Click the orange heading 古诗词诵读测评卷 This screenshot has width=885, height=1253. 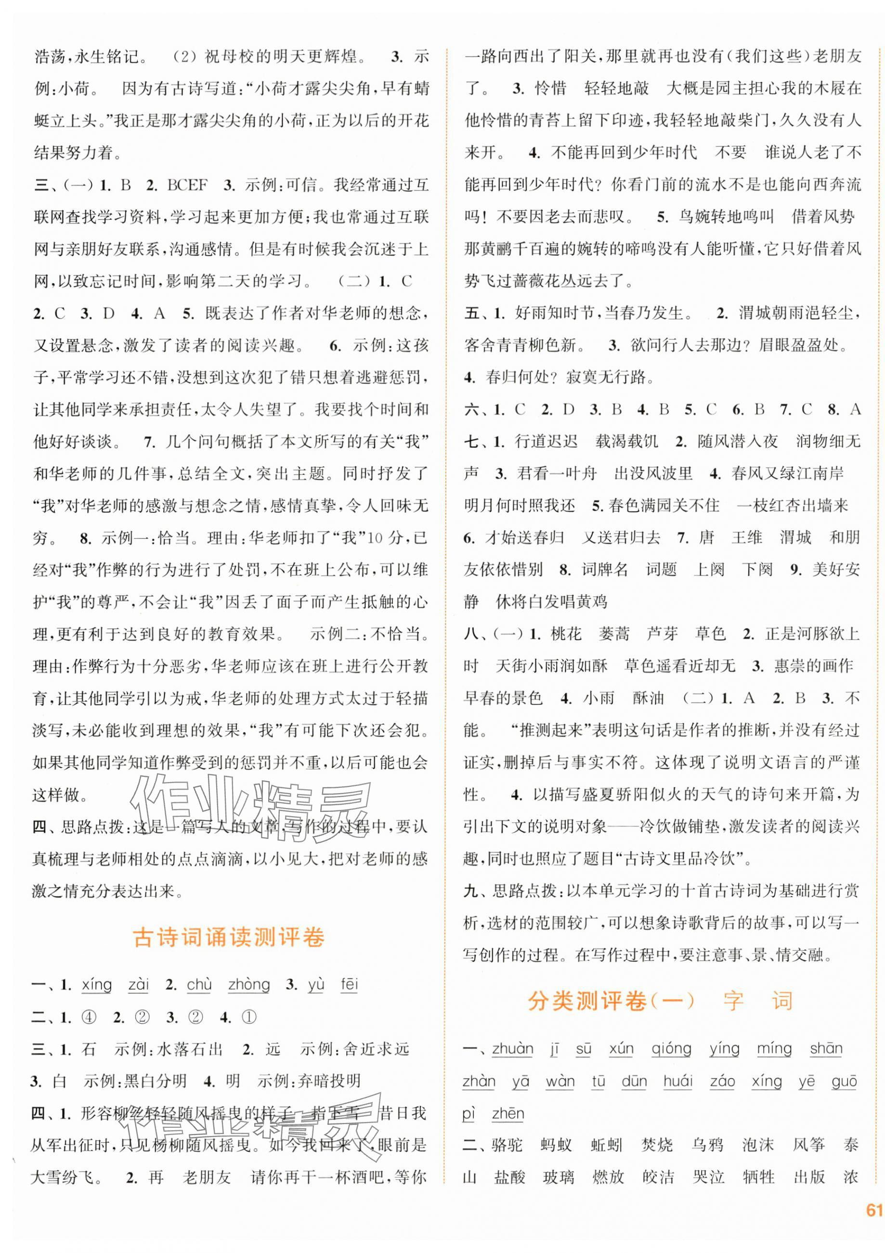[229, 938]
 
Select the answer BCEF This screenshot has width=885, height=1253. [187, 185]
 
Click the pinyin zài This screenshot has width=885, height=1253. [139, 984]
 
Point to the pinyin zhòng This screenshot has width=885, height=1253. [249, 984]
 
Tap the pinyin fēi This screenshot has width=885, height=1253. [349, 984]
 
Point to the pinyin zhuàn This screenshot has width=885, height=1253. [512, 1048]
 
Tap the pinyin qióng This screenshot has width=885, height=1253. [671, 1048]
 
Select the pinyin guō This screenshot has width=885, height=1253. [844, 1081]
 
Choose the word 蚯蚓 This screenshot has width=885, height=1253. [606, 1146]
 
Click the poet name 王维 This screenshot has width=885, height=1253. [746, 537]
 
